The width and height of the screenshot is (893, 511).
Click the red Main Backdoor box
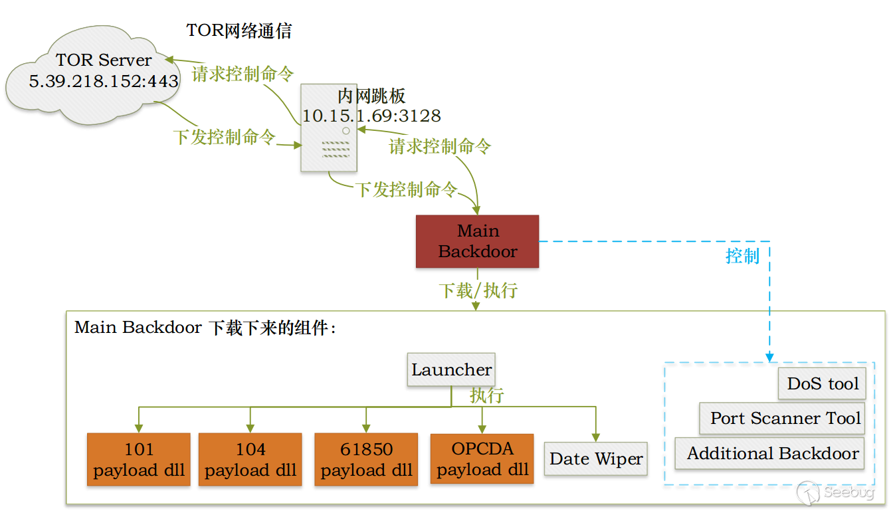pyautogui.click(x=477, y=241)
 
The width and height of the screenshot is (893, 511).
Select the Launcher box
pyautogui.click(x=451, y=370)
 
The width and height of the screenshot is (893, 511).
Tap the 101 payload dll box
pyautogui.click(x=139, y=460)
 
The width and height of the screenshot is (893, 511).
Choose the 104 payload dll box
pyautogui.click(x=250, y=460)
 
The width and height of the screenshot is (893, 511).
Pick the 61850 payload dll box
pyautogui.click(x=366, y=460)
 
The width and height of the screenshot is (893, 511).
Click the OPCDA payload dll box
pyautogui.click(x=482, y=459)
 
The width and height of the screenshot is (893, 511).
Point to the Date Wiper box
pyautogui.click(x=596, y=459)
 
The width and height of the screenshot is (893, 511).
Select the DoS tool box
pyautogui.click(x=823, y=383)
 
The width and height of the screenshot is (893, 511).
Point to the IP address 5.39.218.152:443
pyautogui.click(x=104, y=82)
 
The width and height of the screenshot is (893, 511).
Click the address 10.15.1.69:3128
pyautogui.click(x=371, y=116)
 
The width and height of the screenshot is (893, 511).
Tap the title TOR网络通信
pyautogui.click(x=239, y=31)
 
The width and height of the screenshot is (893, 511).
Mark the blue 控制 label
pyautogui.click(x=742, y=256)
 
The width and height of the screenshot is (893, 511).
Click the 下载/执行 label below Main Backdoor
pyautogui.click(x=478, y=290)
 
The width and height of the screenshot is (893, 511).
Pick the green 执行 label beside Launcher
pyautogui.click(x=487, y=395)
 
